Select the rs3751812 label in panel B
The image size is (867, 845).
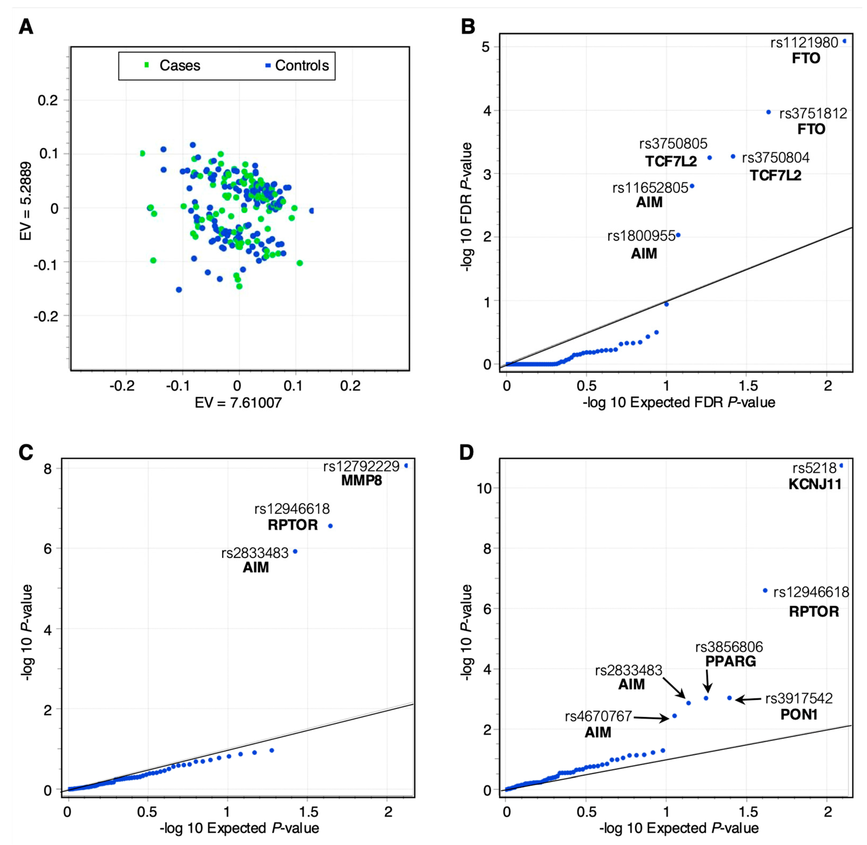click(x=813, y=114)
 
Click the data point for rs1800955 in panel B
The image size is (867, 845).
click(x=678, y=235)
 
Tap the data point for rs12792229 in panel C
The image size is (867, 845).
click(x=406, y=466)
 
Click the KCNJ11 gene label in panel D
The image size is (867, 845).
click(x=815, y=484)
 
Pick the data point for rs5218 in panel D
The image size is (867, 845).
click(x=841, y=466)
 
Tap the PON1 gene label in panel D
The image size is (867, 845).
click(x=799, y=715)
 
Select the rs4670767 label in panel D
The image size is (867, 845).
click(x=598, y=716)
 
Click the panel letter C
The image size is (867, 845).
click(x=26, y=453)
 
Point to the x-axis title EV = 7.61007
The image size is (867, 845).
click(x=238, y=403)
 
